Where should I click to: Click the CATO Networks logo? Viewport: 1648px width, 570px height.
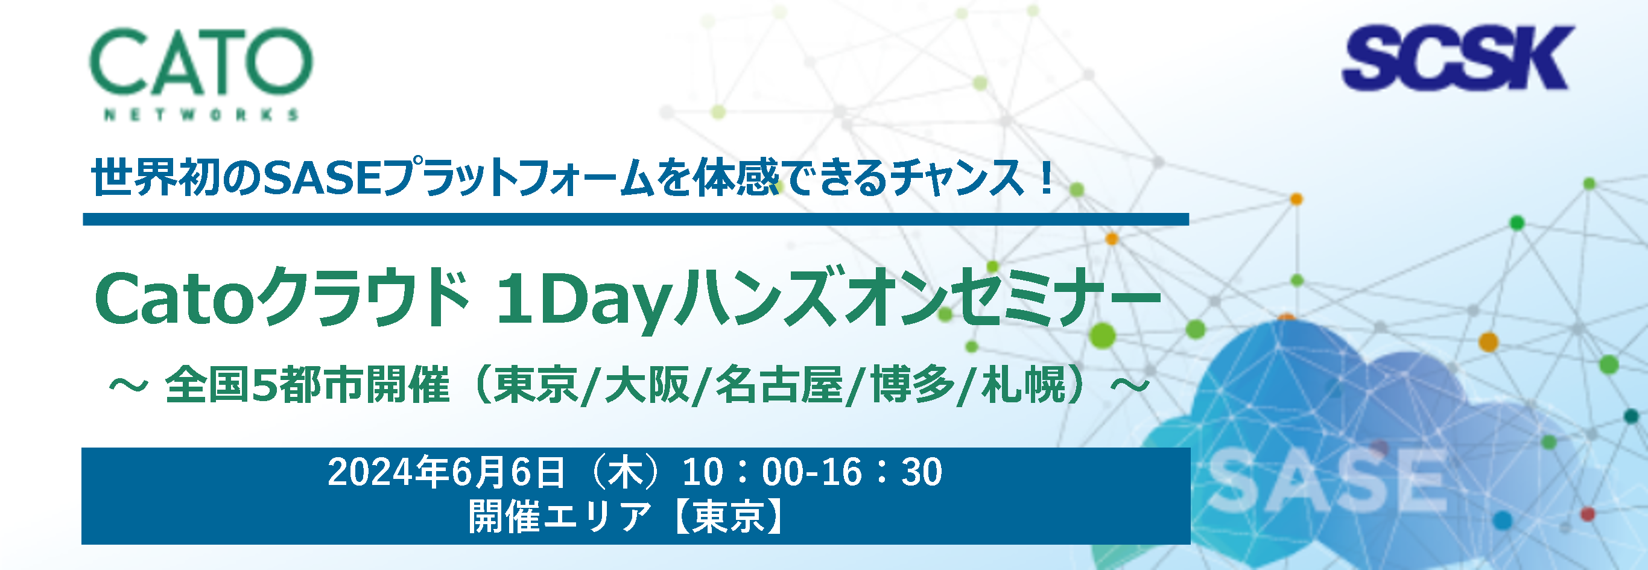(201, 74)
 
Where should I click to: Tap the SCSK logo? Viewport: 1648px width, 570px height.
(1457, 57)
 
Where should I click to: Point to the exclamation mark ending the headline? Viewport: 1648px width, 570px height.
(1047, 177)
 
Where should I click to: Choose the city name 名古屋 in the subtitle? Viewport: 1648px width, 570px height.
(779, 385)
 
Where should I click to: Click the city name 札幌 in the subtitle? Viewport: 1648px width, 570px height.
(1023, 385)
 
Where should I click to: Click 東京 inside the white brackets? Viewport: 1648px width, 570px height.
(729, 517)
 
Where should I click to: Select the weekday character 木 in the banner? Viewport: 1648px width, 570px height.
(625, 472)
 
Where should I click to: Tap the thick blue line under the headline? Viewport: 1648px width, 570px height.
(636, 220)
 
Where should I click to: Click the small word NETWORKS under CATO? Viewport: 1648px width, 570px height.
(201, 115)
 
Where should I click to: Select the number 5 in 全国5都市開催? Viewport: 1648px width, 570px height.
(264, 385)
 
